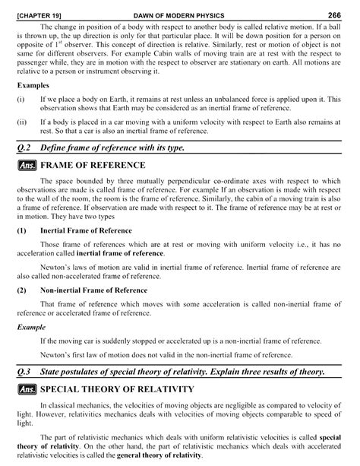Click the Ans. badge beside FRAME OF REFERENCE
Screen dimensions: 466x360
point(27,164)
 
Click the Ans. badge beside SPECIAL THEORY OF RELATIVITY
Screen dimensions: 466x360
point(27,389)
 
